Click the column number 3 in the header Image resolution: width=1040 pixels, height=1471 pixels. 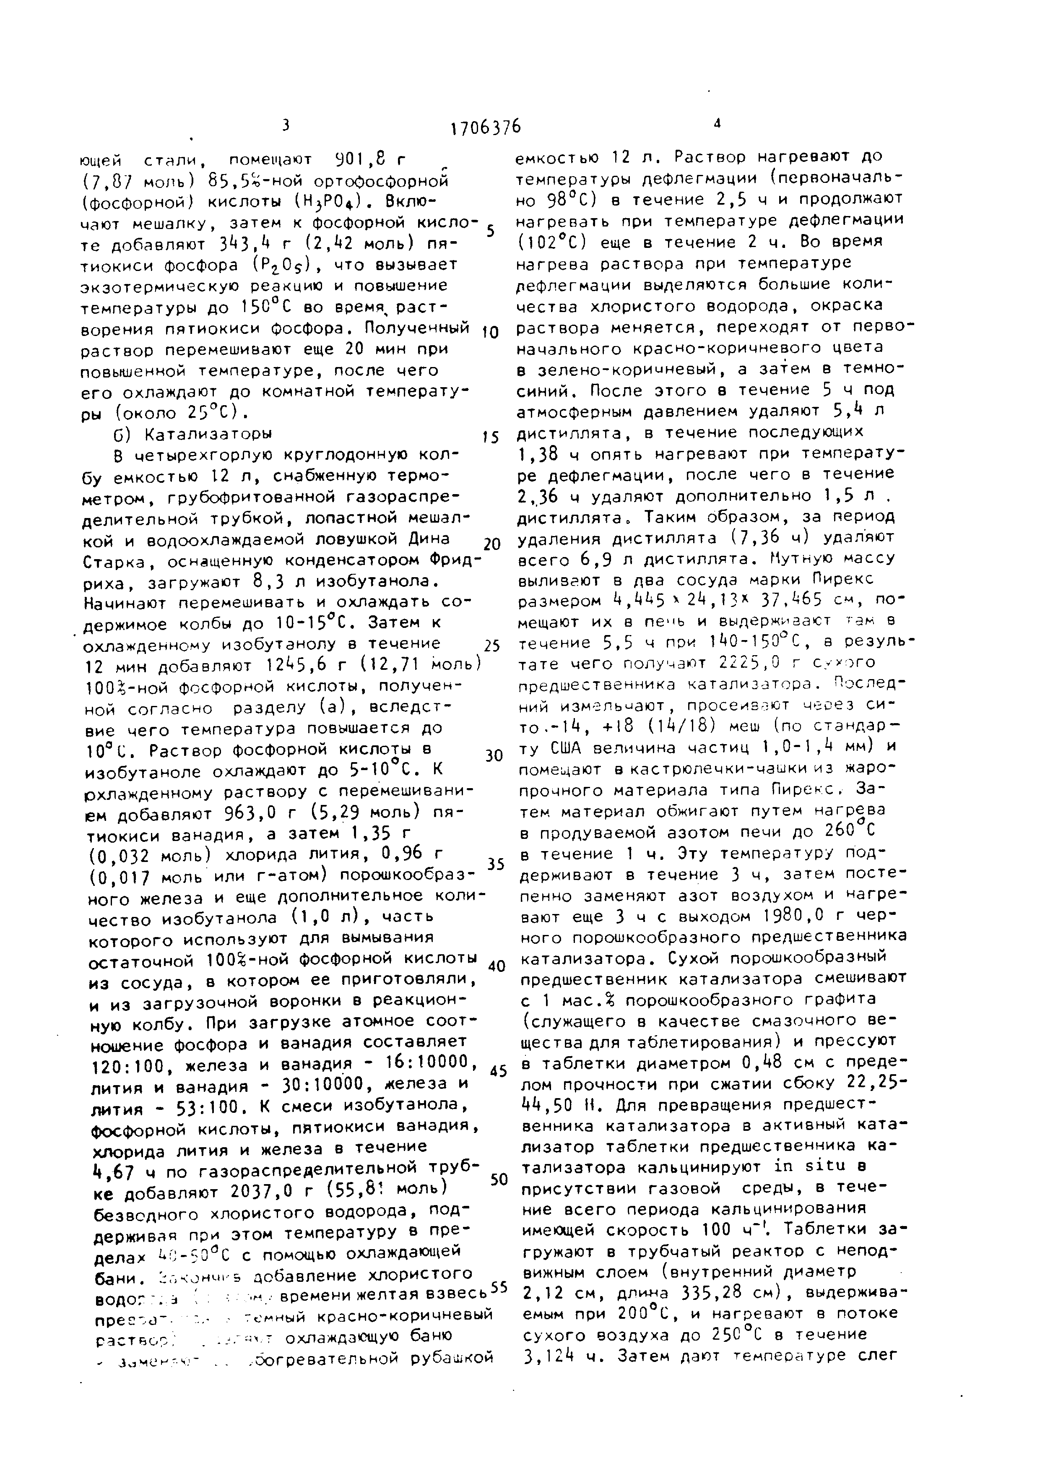pyautogui.click(x=286, y=125)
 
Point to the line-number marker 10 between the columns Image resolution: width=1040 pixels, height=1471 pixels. pyautogui.click(x=489, y=332)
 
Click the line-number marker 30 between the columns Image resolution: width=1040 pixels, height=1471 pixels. pyautogui.click(x=494, y=755)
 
